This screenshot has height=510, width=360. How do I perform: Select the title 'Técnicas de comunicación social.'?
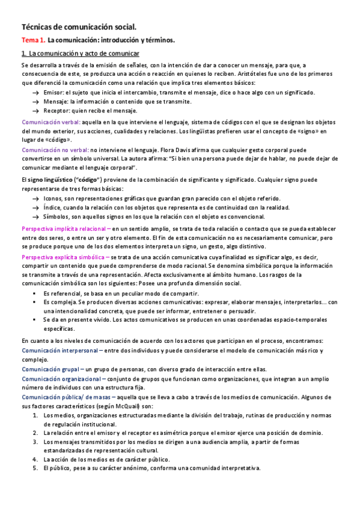coord(79,27)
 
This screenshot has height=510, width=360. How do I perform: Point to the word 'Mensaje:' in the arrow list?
coord(56,102)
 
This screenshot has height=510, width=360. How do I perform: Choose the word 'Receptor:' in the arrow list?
coord(56,111)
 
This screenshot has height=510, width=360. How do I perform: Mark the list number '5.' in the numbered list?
coord(35,469)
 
